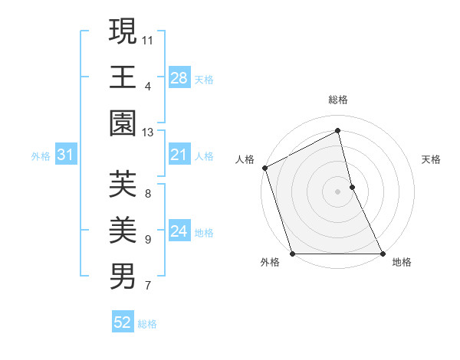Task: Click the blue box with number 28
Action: tap(179, 77)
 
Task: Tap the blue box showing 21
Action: tap(179, 155)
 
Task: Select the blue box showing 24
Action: tap(179, 232)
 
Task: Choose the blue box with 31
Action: tap(66, 155)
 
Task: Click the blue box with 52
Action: tap(123, 323)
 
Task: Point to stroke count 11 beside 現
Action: tap(148, 39)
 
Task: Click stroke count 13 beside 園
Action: tap(148, 133)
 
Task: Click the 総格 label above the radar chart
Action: tap(338, 100)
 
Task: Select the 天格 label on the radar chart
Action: tap(432, 159)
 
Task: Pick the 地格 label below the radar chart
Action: tap(402, 263)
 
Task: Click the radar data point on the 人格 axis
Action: tap(264, 168)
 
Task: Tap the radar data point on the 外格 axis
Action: tap(292, 254)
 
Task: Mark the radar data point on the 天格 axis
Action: tap(352, 187)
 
